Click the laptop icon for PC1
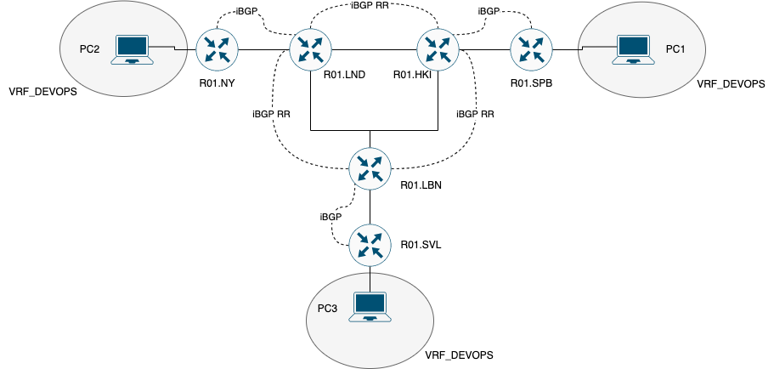tap(630, 50)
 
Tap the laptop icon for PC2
tap(133, 50)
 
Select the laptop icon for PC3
tap(371, 307)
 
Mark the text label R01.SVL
tap(421, 245)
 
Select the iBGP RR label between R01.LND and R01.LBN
tap(273, 113)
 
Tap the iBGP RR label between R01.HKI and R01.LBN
tap(475, 113)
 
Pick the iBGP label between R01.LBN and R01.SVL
tap(331, 217)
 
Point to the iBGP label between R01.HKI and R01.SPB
tap(489, 11)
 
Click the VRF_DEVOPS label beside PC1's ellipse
tap(731, 84)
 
